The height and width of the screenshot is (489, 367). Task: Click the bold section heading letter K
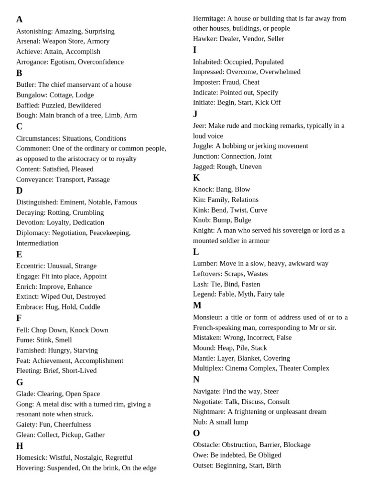coord(196,178)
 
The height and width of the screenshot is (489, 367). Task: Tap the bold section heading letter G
coord(20,383)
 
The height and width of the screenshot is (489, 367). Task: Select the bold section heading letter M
coord(197,306)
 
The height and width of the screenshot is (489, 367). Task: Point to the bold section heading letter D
coord(20,191)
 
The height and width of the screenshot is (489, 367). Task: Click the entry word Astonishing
coord(34,31)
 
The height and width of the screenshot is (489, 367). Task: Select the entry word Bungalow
coord(32,95)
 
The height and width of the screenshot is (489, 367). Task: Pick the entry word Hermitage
coord(209,18)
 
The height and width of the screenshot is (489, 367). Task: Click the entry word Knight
coord(204,230)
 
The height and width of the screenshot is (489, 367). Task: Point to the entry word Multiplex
coord(208,368)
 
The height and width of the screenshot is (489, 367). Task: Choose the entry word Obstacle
coord(206,445)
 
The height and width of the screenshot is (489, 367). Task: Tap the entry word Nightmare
coord(209,412)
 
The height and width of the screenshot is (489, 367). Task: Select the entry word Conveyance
coord(34,180)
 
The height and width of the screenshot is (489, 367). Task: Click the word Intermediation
coord(37,243)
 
